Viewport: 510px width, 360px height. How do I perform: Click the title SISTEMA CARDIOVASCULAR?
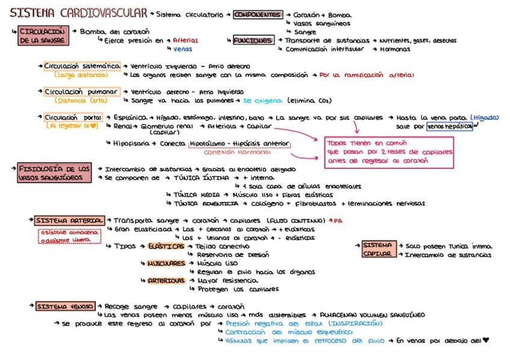(79, 13)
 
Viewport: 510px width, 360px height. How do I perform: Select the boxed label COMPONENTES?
(257, 14)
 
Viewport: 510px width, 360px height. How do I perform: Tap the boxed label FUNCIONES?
(253, 41)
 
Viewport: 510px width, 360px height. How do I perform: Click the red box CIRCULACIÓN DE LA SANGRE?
(42, 35)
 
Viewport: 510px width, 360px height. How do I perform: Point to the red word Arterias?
(185, 41)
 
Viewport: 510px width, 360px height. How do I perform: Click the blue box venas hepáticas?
(449, 127)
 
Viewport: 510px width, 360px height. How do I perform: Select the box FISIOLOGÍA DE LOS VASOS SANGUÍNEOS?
(54, 174)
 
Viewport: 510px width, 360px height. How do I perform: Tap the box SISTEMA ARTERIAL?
(69, 221)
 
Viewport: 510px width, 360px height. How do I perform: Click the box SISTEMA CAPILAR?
(378, 249)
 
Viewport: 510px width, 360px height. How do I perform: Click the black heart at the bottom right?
(486, 341)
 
